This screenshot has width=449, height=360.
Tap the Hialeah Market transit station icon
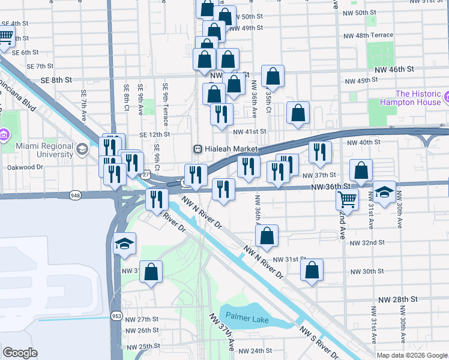[196, 149]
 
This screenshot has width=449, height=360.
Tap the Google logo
[20, 353]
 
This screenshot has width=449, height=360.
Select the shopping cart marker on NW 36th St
[347, 198]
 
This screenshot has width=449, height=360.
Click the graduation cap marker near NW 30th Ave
[384, 192]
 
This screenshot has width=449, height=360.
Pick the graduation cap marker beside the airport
[125, 244]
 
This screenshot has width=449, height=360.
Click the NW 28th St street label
[397, 299]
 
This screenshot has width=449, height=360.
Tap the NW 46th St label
[394, 69]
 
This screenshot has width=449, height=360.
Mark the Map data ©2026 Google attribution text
[412, 355]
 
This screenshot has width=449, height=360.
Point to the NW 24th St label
[255, 350]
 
